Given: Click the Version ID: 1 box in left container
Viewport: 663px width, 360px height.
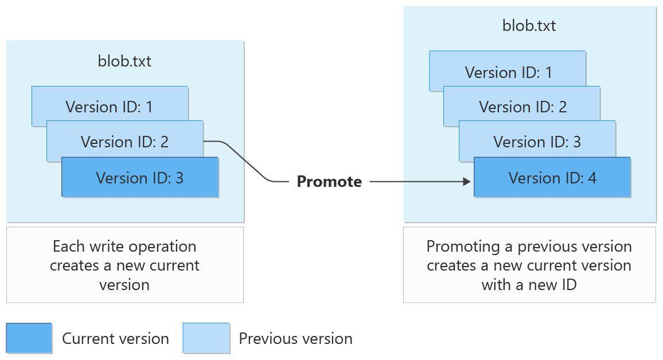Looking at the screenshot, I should click(x=109, y=106).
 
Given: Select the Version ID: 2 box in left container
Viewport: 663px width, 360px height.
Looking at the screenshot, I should click(x=124, y=141).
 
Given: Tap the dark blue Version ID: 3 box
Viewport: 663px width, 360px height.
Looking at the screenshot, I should click(x=140, y=178).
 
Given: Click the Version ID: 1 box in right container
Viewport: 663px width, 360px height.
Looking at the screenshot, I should click(x=508, y=72).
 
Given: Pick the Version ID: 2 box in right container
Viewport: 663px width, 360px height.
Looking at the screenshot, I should click(x=522, y=107).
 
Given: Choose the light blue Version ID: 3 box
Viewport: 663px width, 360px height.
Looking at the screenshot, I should click(x=537, y=142).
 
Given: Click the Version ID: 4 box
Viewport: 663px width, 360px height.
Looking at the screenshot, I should click(x=552, y=178).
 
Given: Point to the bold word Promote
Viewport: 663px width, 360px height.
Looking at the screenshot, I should click(x=329, y=182).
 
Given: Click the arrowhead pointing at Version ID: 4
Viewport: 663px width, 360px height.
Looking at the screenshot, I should click(x=466, y=182).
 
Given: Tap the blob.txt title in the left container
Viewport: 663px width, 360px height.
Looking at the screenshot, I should click(x=124, y=61).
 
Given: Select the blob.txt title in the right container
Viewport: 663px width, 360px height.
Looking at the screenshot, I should click(x=529, y=26).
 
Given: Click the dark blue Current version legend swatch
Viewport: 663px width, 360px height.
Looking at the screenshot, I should click(x=29, y=338).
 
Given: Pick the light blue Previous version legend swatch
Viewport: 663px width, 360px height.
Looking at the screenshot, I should click(x=206, y=338).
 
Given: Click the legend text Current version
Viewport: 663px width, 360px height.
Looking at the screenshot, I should click(x=115, y=339).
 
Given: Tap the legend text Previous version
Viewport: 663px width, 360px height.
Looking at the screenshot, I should click(x=295, y=339).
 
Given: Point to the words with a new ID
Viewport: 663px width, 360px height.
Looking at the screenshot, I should click(x=529, y=284).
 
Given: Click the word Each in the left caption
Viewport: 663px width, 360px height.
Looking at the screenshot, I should click(x=68, y=247).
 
